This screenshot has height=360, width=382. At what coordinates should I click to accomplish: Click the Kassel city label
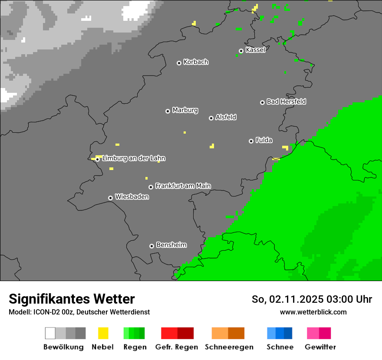255,50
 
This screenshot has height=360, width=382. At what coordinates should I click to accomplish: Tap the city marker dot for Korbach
179,63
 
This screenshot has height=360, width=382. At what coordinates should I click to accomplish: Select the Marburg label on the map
185,110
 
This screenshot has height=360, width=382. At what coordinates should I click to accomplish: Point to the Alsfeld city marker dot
211,118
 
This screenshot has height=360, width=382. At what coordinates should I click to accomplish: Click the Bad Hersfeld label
286,101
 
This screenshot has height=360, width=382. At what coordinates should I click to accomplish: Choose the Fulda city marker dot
251,141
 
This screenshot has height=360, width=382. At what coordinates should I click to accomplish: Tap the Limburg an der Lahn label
134,158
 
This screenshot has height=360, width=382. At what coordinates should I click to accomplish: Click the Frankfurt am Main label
183,186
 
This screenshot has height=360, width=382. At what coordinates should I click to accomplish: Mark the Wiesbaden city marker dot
110,198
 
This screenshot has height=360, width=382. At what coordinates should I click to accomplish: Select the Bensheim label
171,245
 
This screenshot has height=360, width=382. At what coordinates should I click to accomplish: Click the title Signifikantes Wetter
72,299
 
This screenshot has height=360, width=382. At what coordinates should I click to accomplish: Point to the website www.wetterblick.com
313,312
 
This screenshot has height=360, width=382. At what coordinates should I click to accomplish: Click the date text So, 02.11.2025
286,299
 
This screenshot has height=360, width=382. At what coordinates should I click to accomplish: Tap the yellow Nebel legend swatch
103,333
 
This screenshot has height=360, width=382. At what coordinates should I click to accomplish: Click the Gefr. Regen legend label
177,347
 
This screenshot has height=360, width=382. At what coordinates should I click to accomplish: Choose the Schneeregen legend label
229,347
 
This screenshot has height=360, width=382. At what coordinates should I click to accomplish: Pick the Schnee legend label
280,347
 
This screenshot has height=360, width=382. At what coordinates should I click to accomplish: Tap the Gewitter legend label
320,347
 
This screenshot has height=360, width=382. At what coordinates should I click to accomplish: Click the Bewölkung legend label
63,347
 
